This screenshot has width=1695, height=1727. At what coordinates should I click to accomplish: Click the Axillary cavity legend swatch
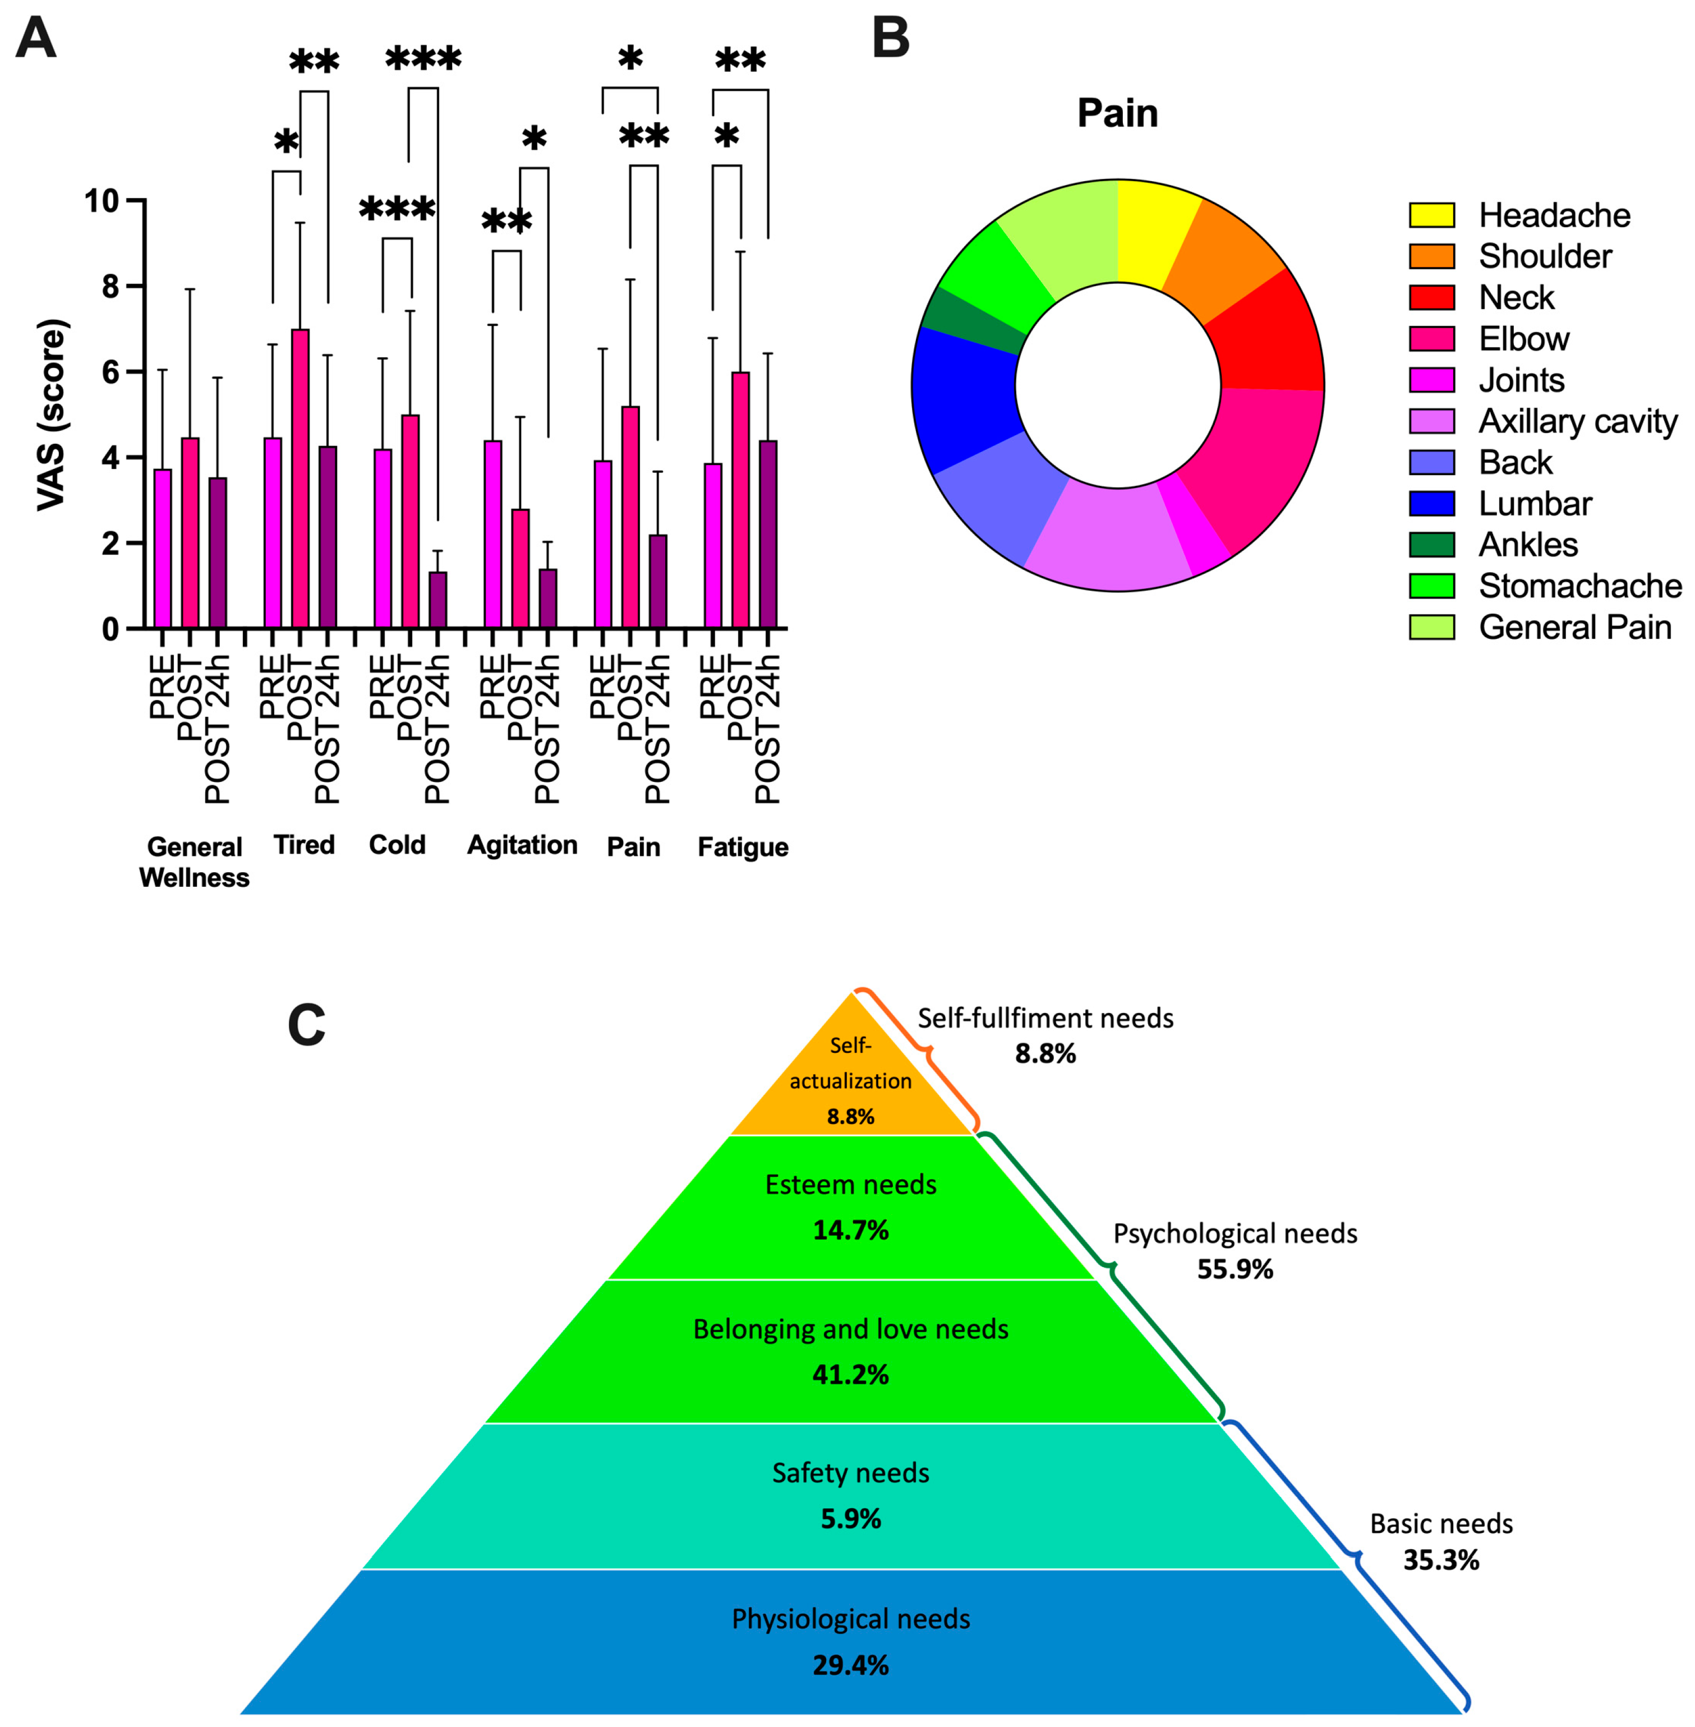pos(1431,421)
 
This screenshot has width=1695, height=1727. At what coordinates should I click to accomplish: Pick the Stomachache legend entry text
pos(1579,586)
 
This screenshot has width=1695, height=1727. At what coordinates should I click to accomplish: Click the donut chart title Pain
pos(1117,113)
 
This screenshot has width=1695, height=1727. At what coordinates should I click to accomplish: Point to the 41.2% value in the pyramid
pos(850,1375)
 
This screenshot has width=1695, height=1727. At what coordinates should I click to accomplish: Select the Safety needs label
pos(850,1473)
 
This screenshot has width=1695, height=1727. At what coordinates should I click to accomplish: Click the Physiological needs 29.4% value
pos(850,1665)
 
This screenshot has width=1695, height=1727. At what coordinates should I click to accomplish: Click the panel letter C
pos(306,1025)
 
